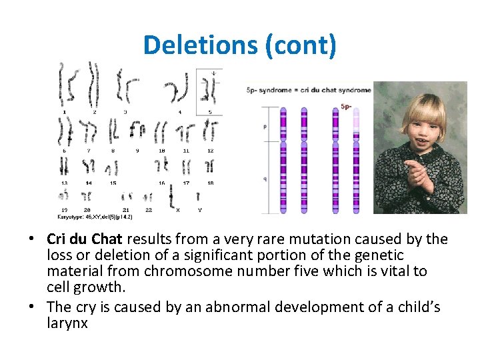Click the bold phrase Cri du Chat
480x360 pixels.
pos(85,239)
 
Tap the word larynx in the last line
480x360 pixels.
pos(67,323)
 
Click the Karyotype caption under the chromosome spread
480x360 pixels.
pos(95,217)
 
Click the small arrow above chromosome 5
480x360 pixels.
pos(213,73)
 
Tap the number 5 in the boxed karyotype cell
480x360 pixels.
pos(210,112)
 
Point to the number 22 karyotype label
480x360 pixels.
pos(149,209)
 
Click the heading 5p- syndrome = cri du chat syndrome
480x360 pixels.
pos(309,90)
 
